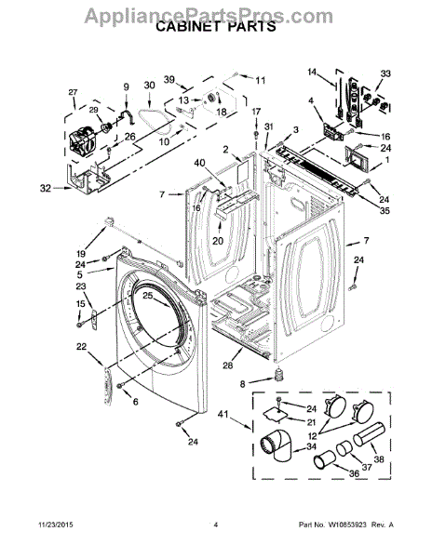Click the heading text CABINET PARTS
[x=216, y=27]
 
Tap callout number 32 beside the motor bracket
[x=46, y=188]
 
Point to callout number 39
[x=169, y=79]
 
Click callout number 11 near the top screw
[x=261, y=80]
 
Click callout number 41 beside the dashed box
[x=224, y=415]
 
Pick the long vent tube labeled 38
[x=369, y=433]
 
